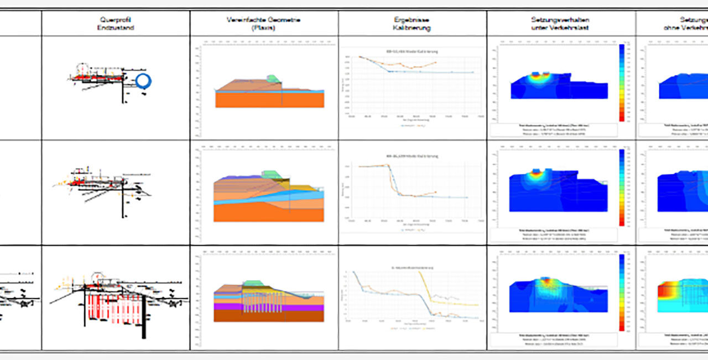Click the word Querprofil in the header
click(115, 19)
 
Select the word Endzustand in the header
click(115, 27)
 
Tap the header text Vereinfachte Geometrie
click(263, 19)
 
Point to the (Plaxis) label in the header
click(263, 27)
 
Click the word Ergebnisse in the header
click(412, 19)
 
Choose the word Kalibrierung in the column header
click(412, 27)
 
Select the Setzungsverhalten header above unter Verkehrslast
click(560, 19)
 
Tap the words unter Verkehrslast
click(560, 27)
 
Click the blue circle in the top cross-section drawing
click(143, 81)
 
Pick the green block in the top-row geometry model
click(272, 79)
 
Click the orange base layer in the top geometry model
click(269, 100)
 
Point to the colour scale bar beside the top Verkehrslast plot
click(622, 82)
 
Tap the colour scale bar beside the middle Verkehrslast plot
click(622, 187)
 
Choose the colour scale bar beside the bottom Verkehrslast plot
click(622, 293)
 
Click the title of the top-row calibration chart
click(412, 51)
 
